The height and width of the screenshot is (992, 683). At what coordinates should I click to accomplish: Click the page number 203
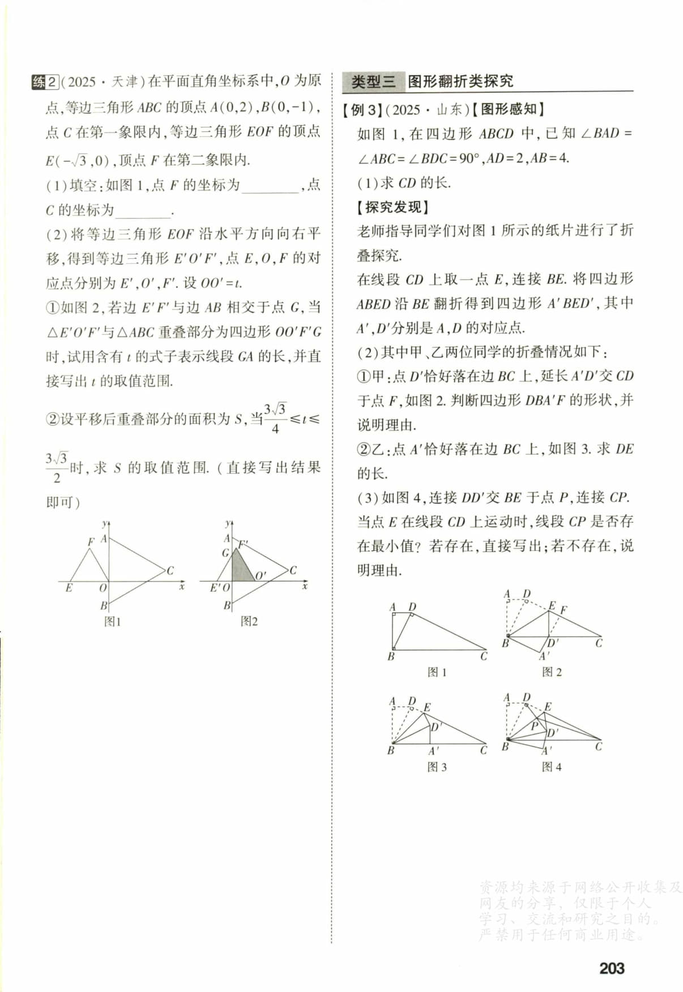[612, 968]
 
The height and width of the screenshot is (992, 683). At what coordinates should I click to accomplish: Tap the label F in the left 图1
[91, 542]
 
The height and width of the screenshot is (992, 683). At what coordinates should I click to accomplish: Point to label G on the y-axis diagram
[225, 553]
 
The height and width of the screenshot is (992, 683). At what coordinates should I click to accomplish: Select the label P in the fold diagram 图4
[534, 725]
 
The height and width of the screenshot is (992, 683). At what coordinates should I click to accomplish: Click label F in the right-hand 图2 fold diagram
[564, 610]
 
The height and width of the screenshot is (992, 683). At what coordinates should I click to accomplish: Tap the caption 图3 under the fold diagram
[437, 767]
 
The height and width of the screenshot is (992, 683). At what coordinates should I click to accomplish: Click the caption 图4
[552, 767]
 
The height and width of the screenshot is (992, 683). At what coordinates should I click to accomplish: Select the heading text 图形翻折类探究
[460, 82]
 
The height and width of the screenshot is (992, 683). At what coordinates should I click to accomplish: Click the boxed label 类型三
[373, 82]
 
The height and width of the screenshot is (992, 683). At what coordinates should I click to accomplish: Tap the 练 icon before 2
[39, 82]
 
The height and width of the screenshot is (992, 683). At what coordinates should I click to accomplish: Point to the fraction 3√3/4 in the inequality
[275, 418]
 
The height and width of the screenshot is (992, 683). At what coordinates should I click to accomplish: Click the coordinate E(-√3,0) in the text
[77, 161]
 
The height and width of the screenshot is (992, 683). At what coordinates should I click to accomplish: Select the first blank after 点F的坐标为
[270, 186]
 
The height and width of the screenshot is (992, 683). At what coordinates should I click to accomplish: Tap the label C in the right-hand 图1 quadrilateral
[484, 656]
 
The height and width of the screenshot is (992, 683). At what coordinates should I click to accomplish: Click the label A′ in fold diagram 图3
[433, 751]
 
